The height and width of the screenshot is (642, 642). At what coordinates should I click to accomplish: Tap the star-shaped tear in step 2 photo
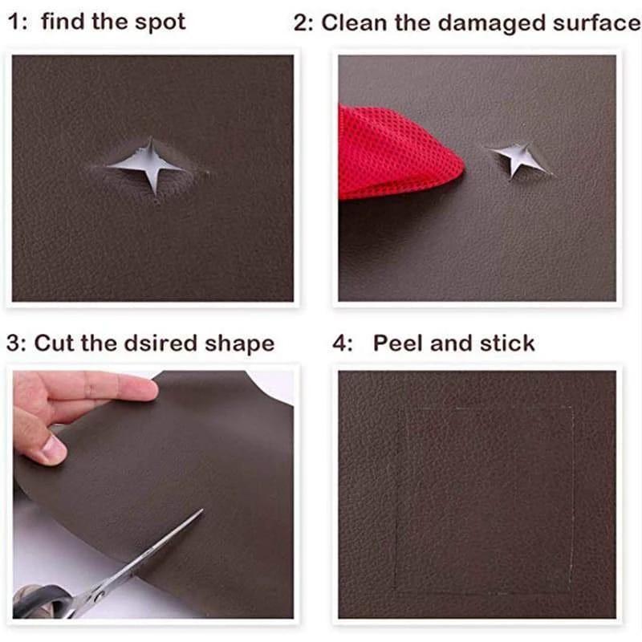pos(514,157)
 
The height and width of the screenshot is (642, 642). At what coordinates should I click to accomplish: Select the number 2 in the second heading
pos(302,22)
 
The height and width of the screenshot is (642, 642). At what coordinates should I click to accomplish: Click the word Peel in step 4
pos(398,344)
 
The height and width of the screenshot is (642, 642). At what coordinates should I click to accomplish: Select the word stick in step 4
pos(507,344)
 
